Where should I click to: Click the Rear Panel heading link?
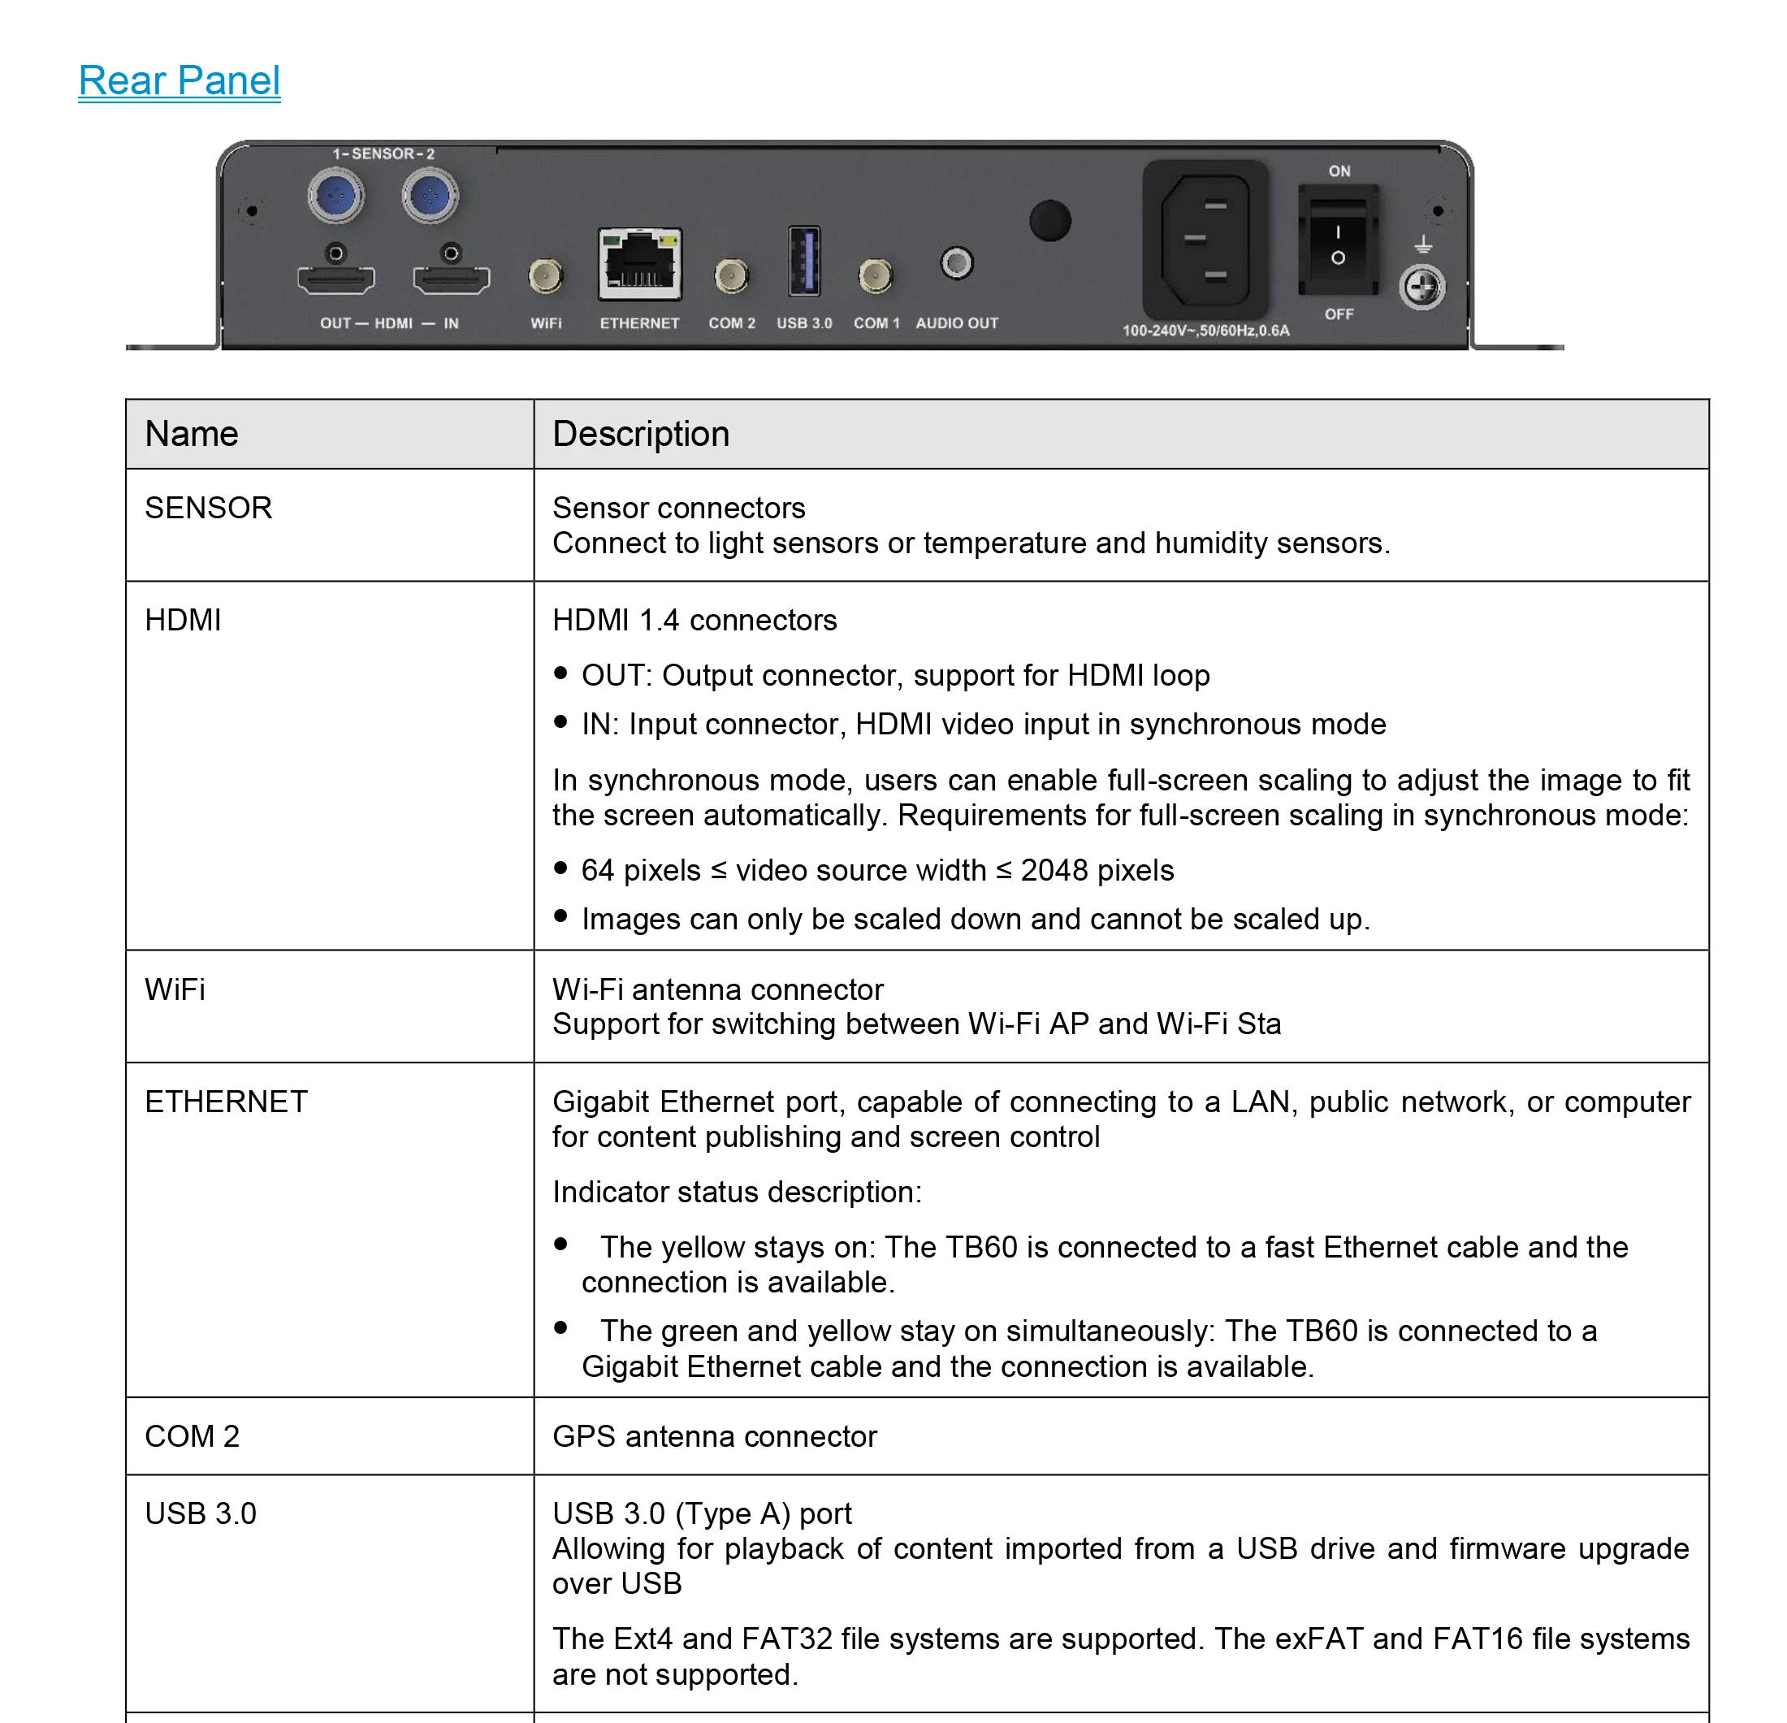click(x=179, y=80)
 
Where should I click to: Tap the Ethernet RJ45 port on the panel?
click(x=639, y=264)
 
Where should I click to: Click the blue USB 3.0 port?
click(x=803, y=262)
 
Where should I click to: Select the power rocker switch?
click(x=1338, y=240)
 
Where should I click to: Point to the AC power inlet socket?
click(x=1205, y=240)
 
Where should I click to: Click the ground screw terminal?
click(x=1421, y=288)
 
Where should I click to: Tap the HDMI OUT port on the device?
click(x=335, y=278)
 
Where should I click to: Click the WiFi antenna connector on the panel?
click(x=545, y=275)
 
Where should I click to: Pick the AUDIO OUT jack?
click(x=956, y=264)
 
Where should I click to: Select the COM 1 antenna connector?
click(x=876, y=275)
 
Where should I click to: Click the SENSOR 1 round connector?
click(x=335, y=195)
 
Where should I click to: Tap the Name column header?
click(x=192, y=434)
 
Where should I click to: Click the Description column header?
click(x=641, y=434)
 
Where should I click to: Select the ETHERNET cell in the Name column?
click(x=226, y=1102)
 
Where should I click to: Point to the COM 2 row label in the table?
click(x=192, y=1436)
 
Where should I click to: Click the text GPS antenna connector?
click(x=714, y=1436)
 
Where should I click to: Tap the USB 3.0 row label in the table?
click(x=201, y=1513)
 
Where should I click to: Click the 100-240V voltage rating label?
click(x=1205, y=330)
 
